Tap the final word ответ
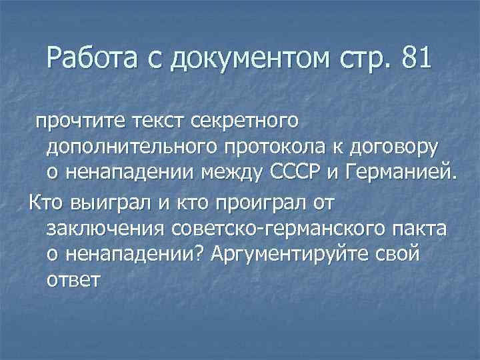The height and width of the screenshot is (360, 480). [x=73, y=279]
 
